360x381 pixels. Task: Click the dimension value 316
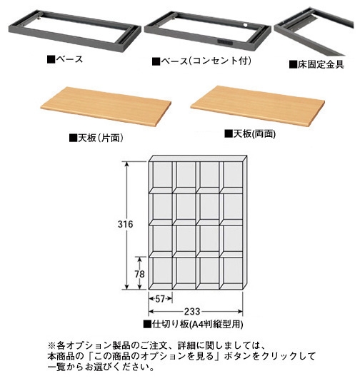125,224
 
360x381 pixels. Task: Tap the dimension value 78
139,274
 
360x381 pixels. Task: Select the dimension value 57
160,299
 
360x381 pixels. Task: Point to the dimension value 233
192,311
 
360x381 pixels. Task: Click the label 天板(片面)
96,138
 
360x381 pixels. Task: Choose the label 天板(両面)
250,133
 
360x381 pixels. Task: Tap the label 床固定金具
316,64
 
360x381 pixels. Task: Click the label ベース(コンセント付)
201,61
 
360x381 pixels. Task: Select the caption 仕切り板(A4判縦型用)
193,324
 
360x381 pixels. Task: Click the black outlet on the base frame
224,43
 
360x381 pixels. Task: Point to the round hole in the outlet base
245,25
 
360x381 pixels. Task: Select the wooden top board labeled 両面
257,106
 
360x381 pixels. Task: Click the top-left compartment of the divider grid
161,175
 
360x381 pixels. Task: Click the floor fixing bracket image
314,31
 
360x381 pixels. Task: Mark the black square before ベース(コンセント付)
156,61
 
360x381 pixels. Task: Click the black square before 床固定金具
293,64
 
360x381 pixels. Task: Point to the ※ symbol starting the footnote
52,345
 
